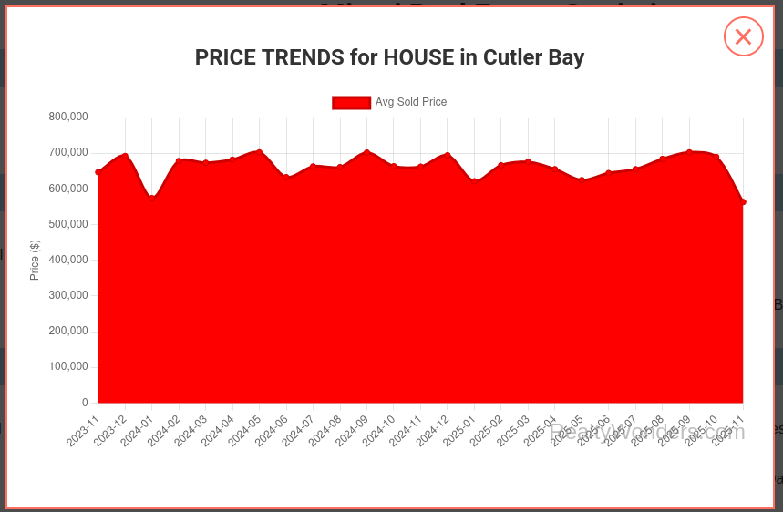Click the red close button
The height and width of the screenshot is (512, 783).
point(743,36)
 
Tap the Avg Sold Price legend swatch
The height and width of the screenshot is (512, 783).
point(351,102)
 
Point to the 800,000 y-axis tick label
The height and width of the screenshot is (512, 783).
point(68,117)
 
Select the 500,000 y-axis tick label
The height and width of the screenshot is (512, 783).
point(68,224)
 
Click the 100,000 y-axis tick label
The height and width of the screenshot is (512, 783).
point(68,367)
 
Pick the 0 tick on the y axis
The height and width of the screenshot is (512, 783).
point(85,403)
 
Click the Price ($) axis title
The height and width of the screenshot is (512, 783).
point(35,260)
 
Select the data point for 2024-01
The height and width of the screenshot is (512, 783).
point(151,196)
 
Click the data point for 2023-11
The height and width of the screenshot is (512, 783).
point(98,172)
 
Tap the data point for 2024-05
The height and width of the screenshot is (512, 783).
point(259,152)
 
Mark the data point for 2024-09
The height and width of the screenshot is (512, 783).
point(366,152)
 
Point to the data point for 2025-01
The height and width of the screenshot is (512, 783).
point(474,181)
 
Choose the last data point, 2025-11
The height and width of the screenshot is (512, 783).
point(743,202)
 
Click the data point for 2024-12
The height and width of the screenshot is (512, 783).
point(448,155)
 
